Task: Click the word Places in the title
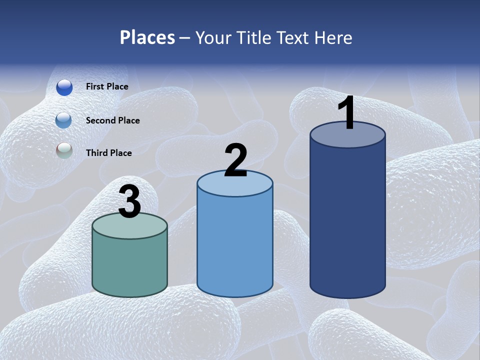point(147,37)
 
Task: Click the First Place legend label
point(107,86)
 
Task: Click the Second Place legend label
point(112,120)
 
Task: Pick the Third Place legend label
point(108,153)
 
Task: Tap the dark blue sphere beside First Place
point(64,87)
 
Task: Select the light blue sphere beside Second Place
point(64,120)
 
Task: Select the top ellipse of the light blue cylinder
point(235,186)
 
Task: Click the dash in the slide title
point(185,38)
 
